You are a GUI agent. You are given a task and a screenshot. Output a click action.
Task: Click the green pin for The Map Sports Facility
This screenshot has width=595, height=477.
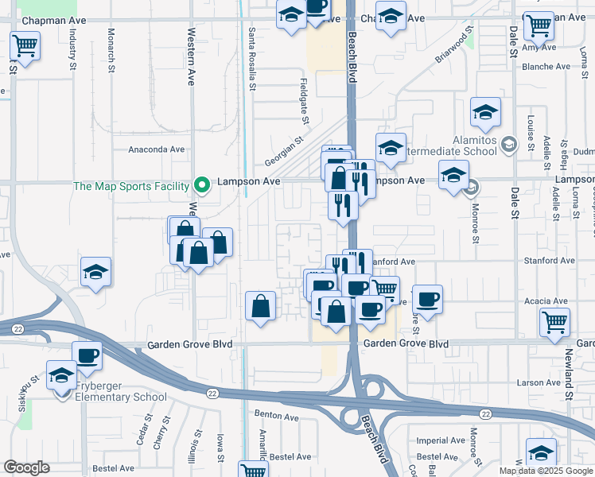[202, 187]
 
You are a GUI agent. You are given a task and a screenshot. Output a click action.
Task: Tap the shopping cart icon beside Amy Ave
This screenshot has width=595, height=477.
[539, 25]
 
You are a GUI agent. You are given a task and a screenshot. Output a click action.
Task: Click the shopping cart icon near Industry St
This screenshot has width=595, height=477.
[25, 45]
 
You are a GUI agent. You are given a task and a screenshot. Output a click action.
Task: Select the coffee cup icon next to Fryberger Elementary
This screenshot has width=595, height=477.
[87, 355]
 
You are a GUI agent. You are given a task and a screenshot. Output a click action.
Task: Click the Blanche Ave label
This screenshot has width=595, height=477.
[545, 68]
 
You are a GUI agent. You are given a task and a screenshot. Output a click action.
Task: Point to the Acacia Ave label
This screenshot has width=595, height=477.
[546, 301]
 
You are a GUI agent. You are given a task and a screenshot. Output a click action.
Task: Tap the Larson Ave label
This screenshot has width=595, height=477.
[539, 382]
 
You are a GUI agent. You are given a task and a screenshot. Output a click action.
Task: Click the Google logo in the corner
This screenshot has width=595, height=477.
[26, 467]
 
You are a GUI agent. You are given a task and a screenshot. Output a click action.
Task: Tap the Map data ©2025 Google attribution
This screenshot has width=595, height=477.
[546, 471]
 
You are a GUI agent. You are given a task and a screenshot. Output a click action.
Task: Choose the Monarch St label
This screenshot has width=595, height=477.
[111, 48]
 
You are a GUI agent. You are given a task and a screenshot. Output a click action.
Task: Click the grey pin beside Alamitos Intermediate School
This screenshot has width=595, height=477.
[509, 144]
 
